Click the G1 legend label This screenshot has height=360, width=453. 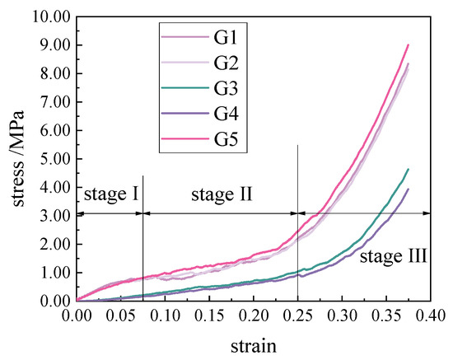(x=226, y=37)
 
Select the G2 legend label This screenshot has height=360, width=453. (x=226, y=63)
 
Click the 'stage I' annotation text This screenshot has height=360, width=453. (x=110, y=195)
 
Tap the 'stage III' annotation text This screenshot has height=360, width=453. (x=393, y=257)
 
